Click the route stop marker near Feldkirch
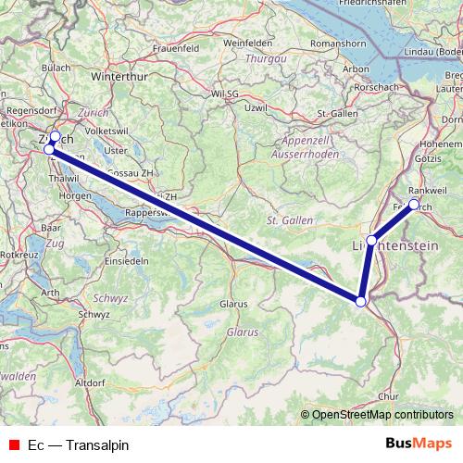coord(414,204)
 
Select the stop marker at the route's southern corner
coord(360,300)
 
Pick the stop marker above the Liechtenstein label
coord(371,241)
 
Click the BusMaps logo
coord(419,444)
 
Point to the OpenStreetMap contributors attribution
coord(382,416)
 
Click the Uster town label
coord(116,150)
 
